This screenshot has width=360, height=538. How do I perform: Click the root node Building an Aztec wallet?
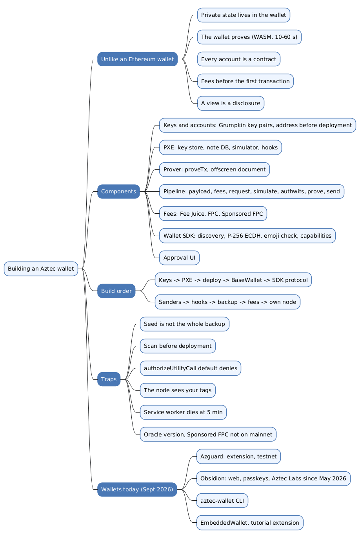(x=41, y=269)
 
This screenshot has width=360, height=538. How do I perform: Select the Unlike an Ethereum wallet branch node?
(x=137, y=59)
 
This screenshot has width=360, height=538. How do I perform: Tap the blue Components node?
(x=118, y=191)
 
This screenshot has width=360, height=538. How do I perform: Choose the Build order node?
(x=116, y=291)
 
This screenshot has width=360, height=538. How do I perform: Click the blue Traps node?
(x=109, y=379)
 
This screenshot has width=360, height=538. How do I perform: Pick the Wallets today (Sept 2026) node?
(x=137, y=489)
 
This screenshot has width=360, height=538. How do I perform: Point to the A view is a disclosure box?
(x=231, y=103)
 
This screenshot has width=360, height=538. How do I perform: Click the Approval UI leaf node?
(x=179, y=258)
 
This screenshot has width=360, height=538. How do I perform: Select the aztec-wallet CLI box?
(x=222, y=500)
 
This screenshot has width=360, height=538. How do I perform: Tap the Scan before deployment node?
(x=178, y=346)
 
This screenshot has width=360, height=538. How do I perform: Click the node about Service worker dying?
(x=183, y=412)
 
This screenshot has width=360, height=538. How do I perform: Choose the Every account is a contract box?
(x=239, y=59)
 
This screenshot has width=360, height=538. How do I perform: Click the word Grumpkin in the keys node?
(x=231, y=125)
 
